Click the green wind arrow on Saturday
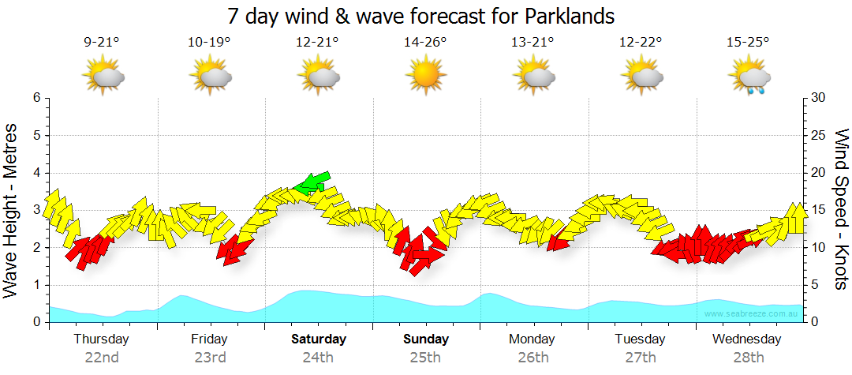point(312,183)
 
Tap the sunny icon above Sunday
point(425,77)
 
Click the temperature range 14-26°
point(425,43)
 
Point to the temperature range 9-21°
point(102,43)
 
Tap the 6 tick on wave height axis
point(36,98)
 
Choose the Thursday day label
point(102,339)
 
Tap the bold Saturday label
point(319,339)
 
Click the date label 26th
point(533,358)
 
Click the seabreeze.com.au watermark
point(751,313)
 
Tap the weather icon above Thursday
point(103,77)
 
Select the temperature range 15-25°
point(748,43)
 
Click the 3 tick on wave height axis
point(36,210)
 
